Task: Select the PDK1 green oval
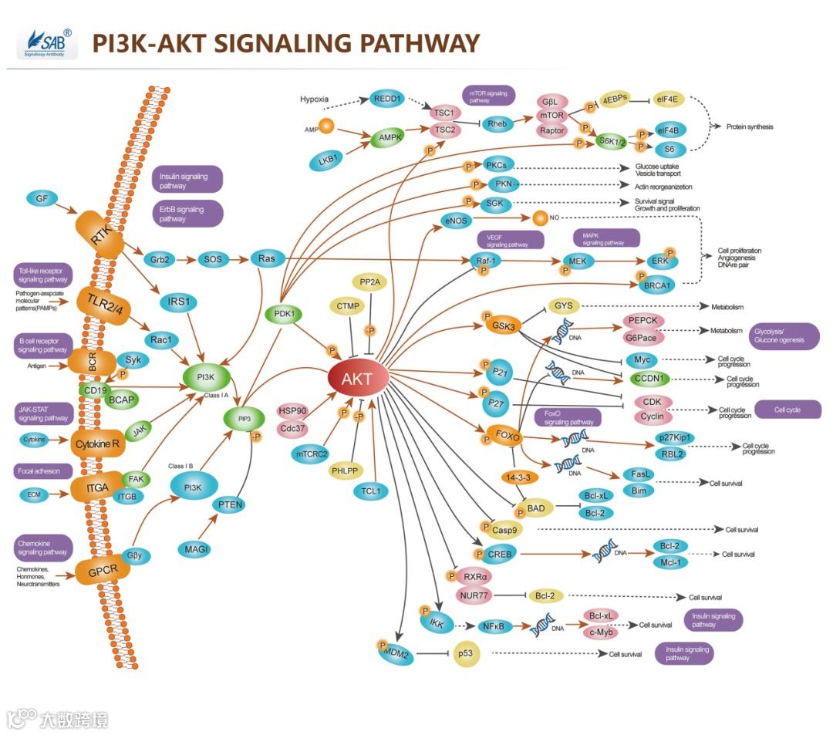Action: tap(285, 314)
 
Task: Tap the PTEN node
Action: tap(230, 504)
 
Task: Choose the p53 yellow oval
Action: tap(465, 653)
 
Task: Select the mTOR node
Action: tap(552, 116)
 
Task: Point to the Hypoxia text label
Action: tap(315, 99)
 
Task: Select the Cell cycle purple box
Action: tap(787, 410)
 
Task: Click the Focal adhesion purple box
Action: tap(43, 470)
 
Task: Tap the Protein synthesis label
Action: tap(749, 126)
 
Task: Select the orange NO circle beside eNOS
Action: tap(540, 217)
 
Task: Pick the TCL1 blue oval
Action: tap(371, 491)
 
